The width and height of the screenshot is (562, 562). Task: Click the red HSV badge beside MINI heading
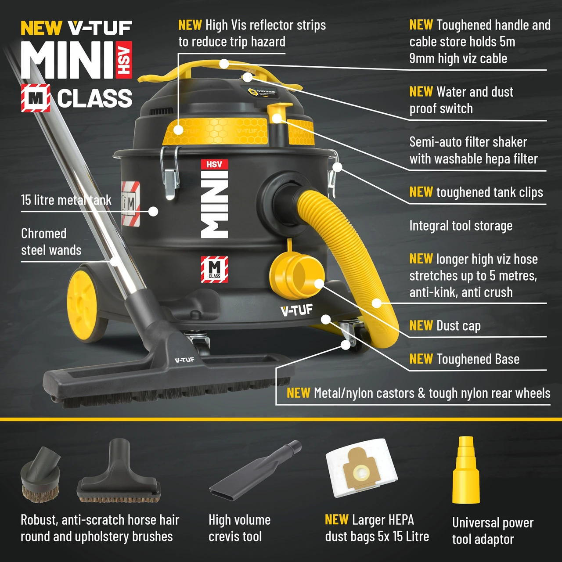[124, 60]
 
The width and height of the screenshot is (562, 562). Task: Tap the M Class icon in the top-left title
[36, 98]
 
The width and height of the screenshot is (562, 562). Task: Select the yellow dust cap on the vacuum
[296, 276]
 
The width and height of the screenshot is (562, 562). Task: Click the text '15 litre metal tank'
[66, 200]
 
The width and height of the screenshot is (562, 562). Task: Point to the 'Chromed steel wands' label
[51, 241]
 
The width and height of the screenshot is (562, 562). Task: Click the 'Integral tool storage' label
[461, 226]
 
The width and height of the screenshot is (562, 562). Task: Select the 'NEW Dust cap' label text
[445, 326]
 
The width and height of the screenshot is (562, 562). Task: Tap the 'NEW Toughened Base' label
[464, 359]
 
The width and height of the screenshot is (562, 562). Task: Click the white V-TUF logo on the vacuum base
[297, 310]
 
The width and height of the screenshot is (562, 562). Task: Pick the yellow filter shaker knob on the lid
[278, 110]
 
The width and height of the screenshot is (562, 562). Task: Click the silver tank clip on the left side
[170, 173]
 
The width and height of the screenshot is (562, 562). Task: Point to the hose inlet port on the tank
[279, 194]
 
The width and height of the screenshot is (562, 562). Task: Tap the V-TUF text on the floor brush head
[184, 360]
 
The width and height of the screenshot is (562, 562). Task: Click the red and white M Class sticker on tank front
[214, 269]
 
